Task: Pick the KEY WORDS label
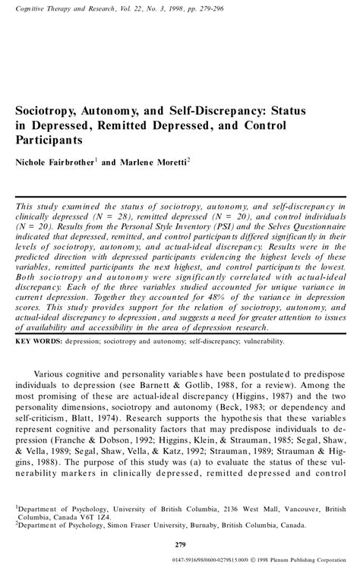click(37, 363)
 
